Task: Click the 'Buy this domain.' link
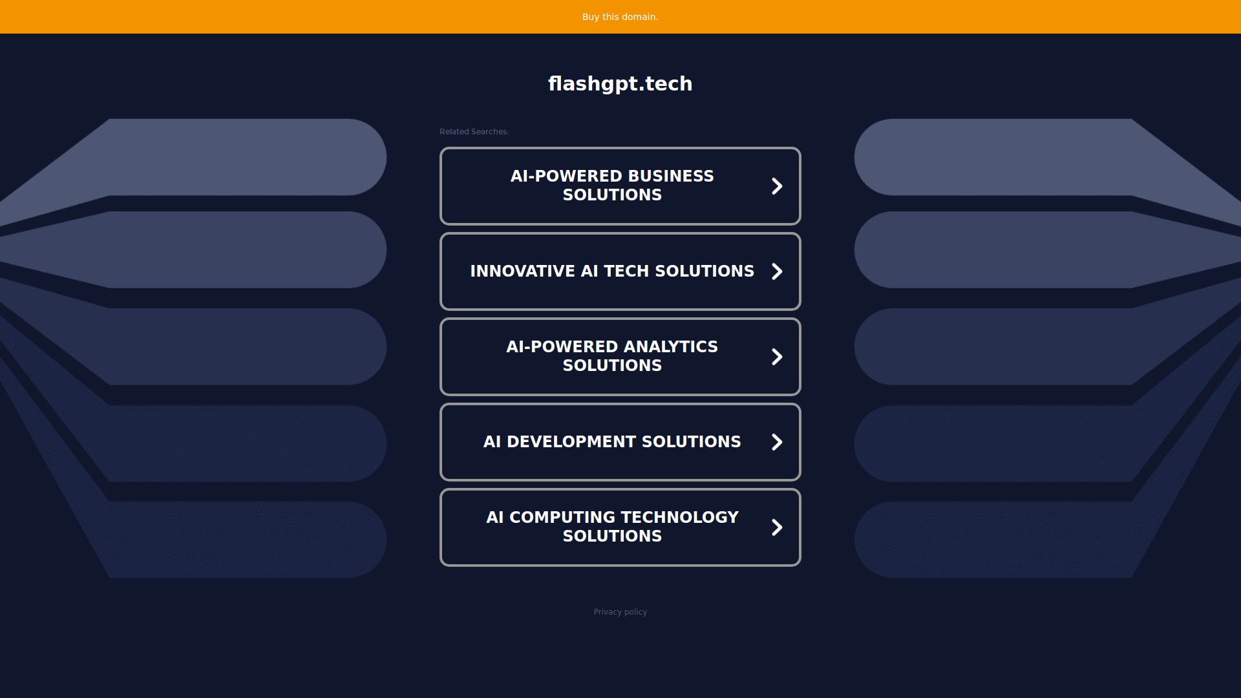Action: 620,17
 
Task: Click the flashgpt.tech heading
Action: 620,84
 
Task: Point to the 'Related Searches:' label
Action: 474,132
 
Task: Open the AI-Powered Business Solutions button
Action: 620,186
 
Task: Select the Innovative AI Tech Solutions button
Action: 620,271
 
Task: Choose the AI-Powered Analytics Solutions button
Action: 620,357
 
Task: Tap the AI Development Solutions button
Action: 620,442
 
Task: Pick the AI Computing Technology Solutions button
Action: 620,527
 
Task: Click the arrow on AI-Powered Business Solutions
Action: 777,186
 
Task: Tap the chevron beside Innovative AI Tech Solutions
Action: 777,271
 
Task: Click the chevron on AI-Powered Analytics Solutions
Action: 777,357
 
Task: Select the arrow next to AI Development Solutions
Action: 777,442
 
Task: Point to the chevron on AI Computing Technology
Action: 777,527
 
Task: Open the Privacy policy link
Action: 620,612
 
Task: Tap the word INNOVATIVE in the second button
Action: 523,271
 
